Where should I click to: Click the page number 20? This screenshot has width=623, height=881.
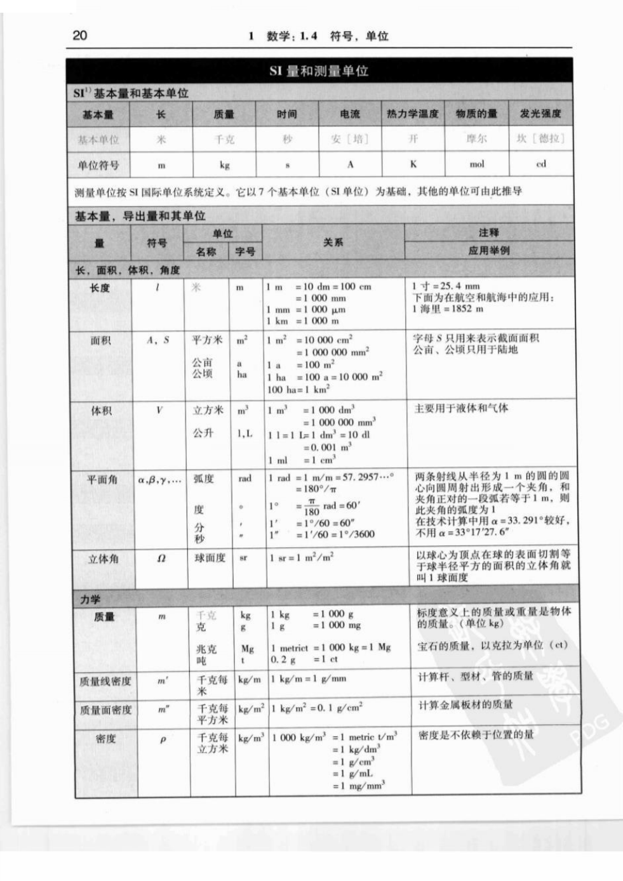pos(80,35)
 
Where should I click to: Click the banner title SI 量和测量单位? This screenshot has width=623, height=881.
pos(319,71)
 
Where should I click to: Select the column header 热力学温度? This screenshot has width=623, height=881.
pos(413,114)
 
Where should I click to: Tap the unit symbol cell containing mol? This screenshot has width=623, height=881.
pos(476,164)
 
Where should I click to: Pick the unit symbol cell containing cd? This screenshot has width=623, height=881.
pos(540,164)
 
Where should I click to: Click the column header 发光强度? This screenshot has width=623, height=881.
pos(540,114)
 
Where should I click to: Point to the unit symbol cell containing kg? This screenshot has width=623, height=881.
pos(224,165)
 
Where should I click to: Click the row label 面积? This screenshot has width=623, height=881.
pos(100,341)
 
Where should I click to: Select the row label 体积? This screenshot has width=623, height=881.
pos(100,411)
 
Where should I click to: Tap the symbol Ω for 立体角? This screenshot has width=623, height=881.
pos(161,559)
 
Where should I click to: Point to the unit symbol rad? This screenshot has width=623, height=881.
pos(245,479)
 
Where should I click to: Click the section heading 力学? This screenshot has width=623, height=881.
pos(90,599)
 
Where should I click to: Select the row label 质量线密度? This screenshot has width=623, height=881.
pos(105,681)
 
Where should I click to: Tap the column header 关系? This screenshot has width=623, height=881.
pos(333,242)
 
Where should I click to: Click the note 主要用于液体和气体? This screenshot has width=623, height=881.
pos(462,408)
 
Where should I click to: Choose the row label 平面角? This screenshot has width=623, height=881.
pos(102,480)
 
